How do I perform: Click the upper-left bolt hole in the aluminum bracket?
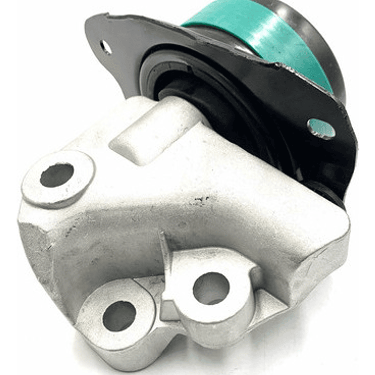pyautogui.click(x=57, y=175)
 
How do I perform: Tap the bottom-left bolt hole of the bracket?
pyautogui.click(x=119, y=316)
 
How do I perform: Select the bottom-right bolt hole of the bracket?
pyautogui.click(x=211, y=288)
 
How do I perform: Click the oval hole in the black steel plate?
pyautogui.click(x=321, y=128)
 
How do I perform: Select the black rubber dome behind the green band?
pyautogui.click(x=318, y=47)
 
